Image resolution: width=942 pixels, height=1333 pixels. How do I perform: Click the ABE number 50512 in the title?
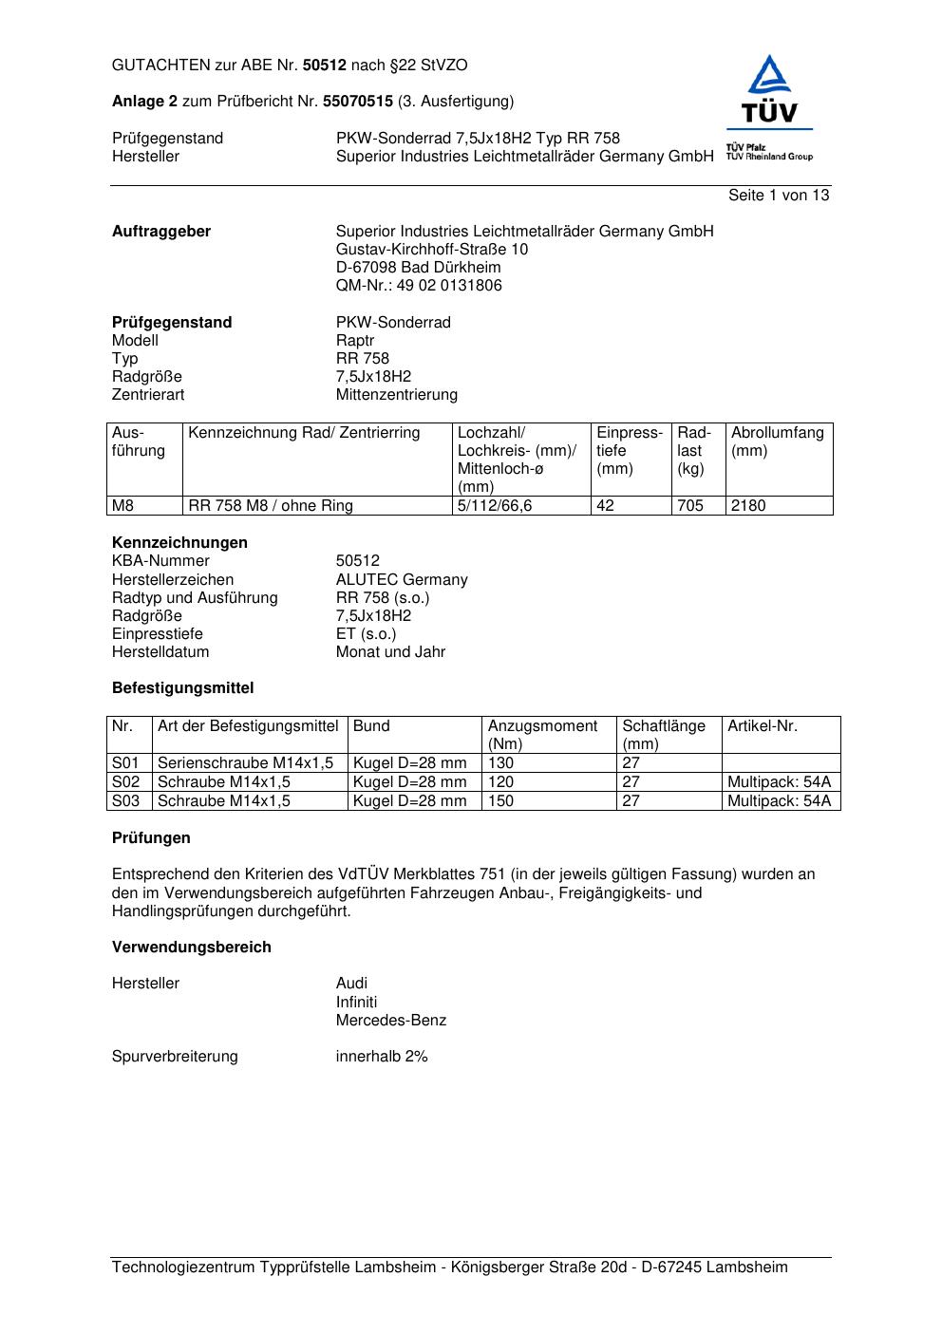[x=325, y=66]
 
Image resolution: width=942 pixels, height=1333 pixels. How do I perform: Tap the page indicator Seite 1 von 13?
[x=778, y=196]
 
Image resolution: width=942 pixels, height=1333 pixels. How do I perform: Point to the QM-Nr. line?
[x=419, y=286]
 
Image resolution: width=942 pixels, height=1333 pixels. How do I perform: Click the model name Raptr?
[x=355, y=341]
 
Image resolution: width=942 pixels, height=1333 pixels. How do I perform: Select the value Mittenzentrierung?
[x=396, y=395]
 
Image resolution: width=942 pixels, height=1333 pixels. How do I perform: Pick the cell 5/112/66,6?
[x=495, y=506]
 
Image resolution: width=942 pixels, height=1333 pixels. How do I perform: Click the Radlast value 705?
[x=690, y=506]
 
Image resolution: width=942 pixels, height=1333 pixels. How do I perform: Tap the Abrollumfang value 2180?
[x=748, y=506]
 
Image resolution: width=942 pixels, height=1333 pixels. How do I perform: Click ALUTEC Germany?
[x=402, y=580]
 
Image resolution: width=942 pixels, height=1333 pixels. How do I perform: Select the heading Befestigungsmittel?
[x=182, y=688]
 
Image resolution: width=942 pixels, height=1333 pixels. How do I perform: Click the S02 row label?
[x=126, y=782]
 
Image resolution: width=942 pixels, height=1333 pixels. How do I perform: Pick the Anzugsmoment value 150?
[x=500, y=801]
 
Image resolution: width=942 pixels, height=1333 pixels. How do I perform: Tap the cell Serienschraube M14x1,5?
[x=245, y=763]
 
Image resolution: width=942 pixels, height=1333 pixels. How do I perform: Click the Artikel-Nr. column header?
[x=763, y=726]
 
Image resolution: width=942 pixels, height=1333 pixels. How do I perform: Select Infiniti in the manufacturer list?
[x=356, y=1003]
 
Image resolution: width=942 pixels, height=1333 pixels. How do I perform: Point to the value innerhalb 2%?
[x=382, y=1057]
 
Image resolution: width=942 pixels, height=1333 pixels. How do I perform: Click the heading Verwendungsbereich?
[x=191, y=948]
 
